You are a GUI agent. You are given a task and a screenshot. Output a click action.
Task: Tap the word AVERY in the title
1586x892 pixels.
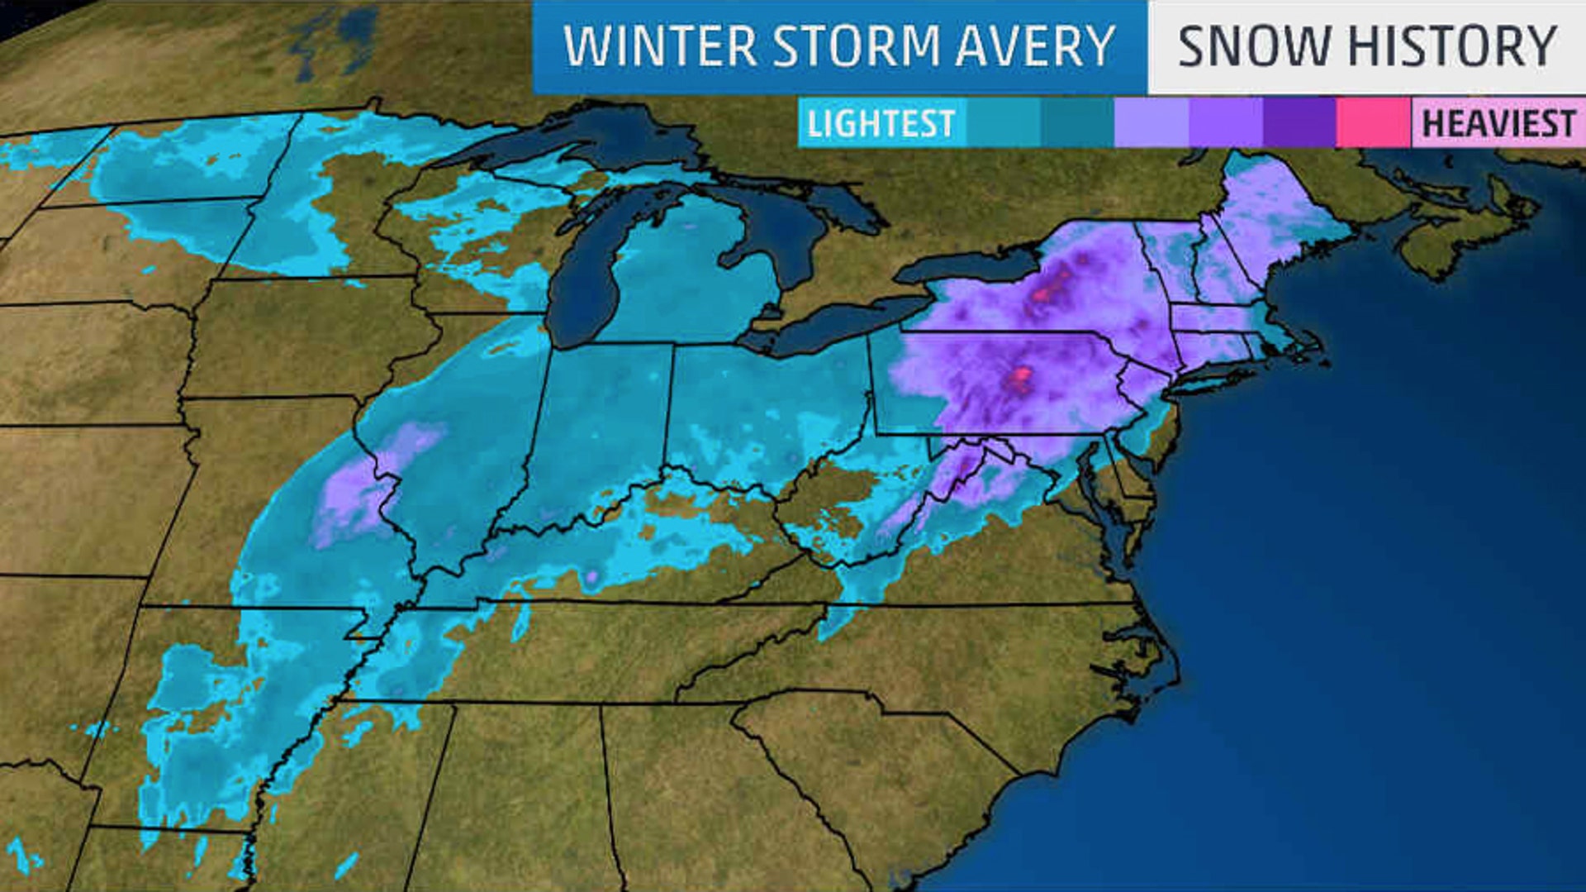pos(1036,46)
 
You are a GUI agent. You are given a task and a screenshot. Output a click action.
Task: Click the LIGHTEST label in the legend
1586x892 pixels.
pos(881,124)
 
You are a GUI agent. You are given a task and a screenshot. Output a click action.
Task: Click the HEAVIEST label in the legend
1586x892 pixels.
pos(1498,124)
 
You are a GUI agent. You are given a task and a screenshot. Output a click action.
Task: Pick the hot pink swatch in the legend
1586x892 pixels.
pos(1373,122)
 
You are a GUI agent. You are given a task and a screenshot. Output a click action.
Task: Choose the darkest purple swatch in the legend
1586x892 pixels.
pos(1299,122)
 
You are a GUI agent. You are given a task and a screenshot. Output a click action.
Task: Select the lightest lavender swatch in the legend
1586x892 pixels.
pos(1151,122)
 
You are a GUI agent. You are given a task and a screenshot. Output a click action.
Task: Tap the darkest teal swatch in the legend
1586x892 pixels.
pos(1077,122)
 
